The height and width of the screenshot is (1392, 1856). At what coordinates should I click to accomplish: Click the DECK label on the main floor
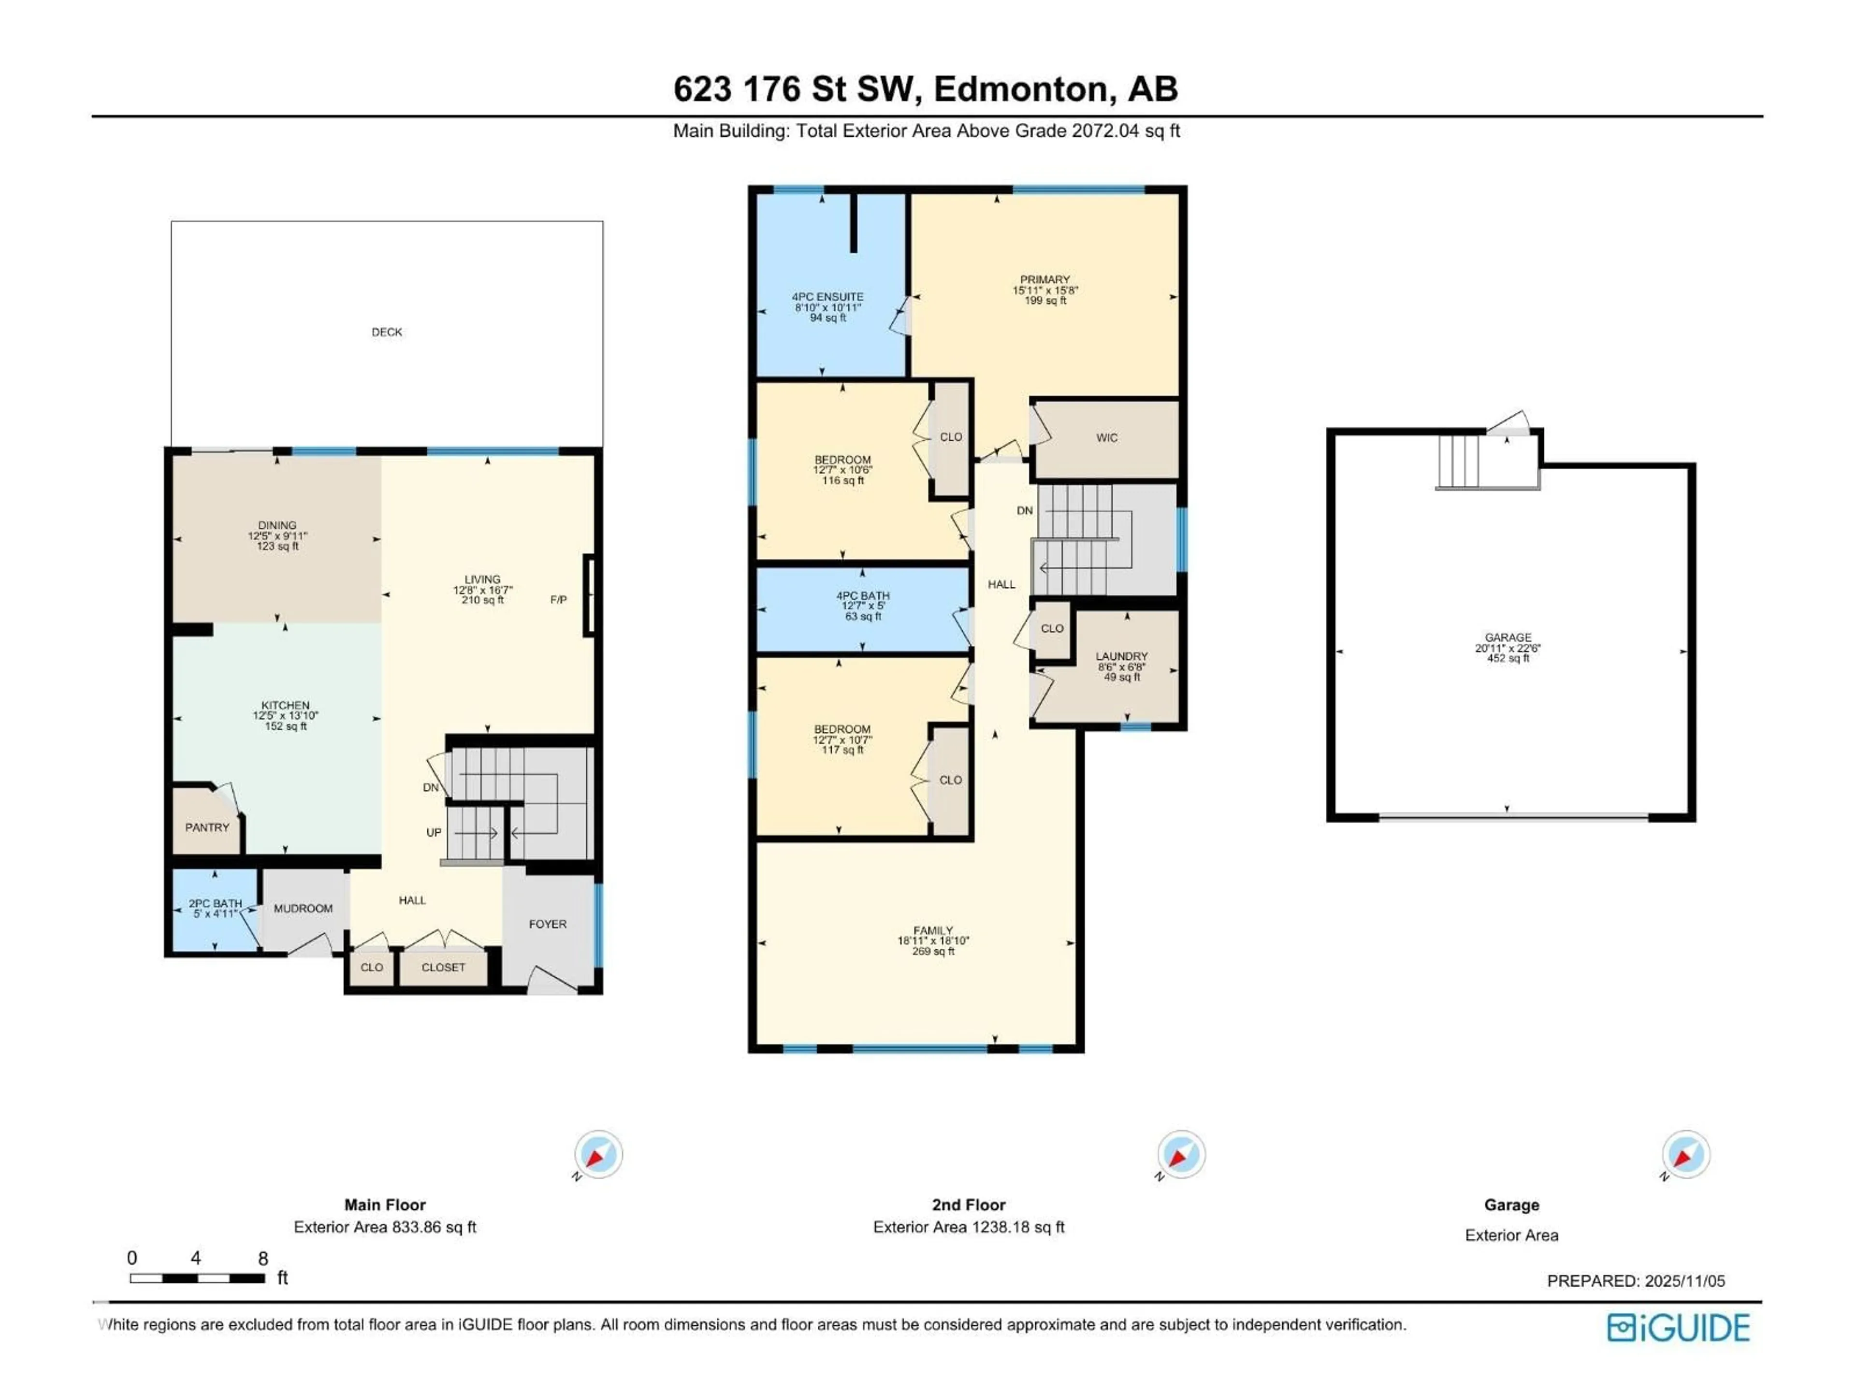coord(387,332)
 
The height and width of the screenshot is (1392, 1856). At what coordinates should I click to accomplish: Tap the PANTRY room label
coord(207,827)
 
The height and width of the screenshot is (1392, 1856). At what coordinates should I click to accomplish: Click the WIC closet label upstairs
coord(1107,438)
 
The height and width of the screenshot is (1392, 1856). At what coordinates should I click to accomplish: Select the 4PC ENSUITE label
coord(827,297)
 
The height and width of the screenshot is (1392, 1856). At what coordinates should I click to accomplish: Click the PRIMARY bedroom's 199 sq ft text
coord(1044,300)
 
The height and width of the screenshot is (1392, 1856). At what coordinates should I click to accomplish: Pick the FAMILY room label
coord(933,930)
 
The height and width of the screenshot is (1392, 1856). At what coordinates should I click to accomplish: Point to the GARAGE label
coord(1508,638)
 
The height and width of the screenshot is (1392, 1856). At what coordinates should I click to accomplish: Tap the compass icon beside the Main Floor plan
coord(598,1155)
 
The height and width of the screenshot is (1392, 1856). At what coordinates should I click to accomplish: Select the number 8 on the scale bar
coord(262,1259)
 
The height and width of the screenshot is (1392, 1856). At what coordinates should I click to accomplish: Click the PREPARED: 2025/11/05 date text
coord(1635,1281)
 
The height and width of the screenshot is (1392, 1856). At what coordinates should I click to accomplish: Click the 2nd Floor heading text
coord(968,1205)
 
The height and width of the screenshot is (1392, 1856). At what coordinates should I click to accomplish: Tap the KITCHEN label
coord(285,706)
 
